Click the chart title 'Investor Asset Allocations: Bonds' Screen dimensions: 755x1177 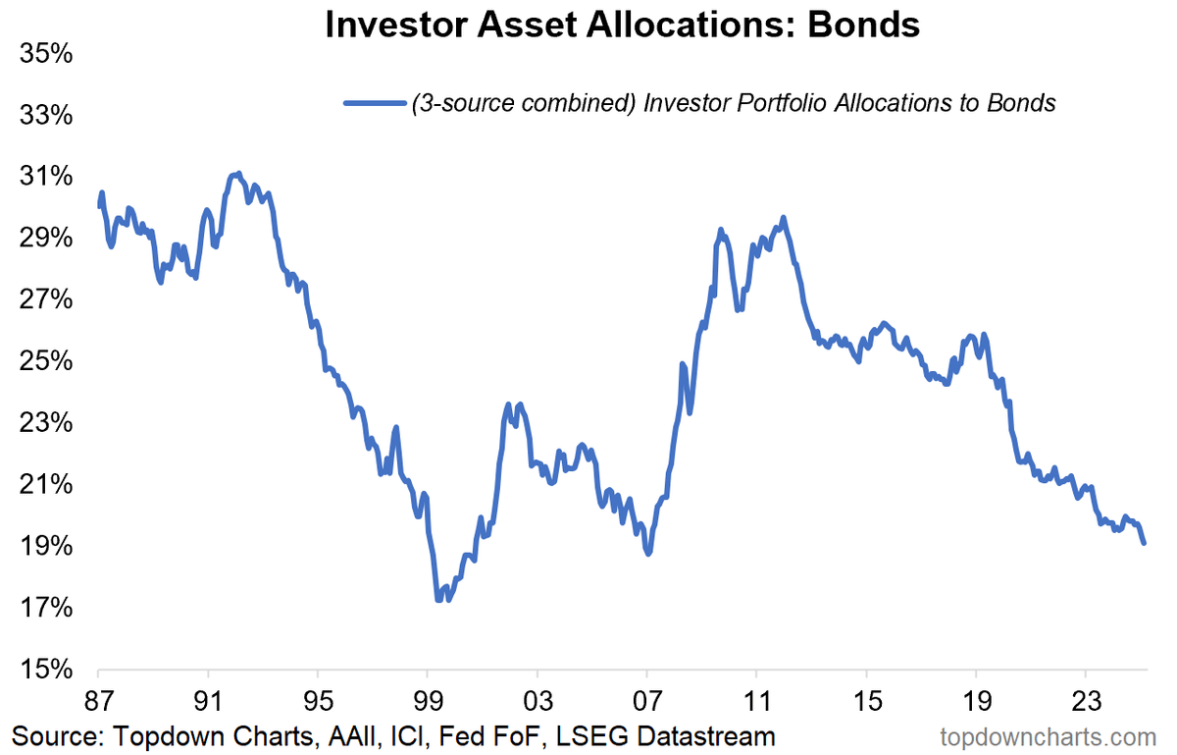tap(622, 25)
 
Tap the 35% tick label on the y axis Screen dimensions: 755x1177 tap(46, 54)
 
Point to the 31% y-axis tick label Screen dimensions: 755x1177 tap(46, 177)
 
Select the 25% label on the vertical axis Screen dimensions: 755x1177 tap(46, 361)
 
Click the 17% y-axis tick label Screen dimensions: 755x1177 tap(46, 609)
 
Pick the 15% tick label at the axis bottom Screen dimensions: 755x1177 tap(46, 671)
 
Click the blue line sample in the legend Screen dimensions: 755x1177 tap(374, 103)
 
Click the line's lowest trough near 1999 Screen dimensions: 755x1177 tap(438, 599)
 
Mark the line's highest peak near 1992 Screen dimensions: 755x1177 tap(238, 174)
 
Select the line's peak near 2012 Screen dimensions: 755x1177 tap(783, 218)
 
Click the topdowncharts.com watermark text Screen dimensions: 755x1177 tap(1049, 736)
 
